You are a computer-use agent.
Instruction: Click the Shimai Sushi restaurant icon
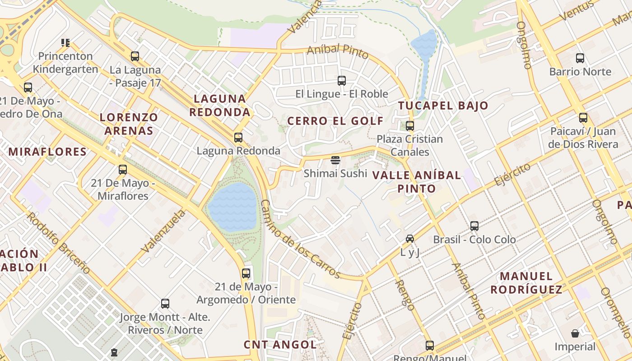[335, 160]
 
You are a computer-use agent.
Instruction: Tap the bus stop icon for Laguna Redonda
[238, 138]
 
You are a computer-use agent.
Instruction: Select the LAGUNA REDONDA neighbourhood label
[220, 105]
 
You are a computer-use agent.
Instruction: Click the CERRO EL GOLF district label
[335, 121]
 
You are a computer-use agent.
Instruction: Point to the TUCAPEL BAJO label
[443, 106]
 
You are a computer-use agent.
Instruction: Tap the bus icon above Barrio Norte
[580, 58]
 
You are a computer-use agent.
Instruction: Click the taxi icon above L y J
[409, 239]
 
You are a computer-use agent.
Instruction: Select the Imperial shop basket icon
[575, 333]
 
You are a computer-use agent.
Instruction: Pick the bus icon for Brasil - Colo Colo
[474, 226]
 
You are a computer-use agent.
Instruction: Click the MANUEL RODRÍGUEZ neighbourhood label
[526, 282]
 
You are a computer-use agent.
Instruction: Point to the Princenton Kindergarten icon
[65, 43]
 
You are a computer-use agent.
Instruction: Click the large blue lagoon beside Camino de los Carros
[233, 207]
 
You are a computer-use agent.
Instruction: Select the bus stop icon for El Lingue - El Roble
[342, 81]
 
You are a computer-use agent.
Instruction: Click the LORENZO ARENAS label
[129, 124]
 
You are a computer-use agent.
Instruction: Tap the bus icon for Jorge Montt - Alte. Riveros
[165, 304]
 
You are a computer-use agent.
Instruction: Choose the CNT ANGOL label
[280, 344]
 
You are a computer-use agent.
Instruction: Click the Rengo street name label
[404, 295]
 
